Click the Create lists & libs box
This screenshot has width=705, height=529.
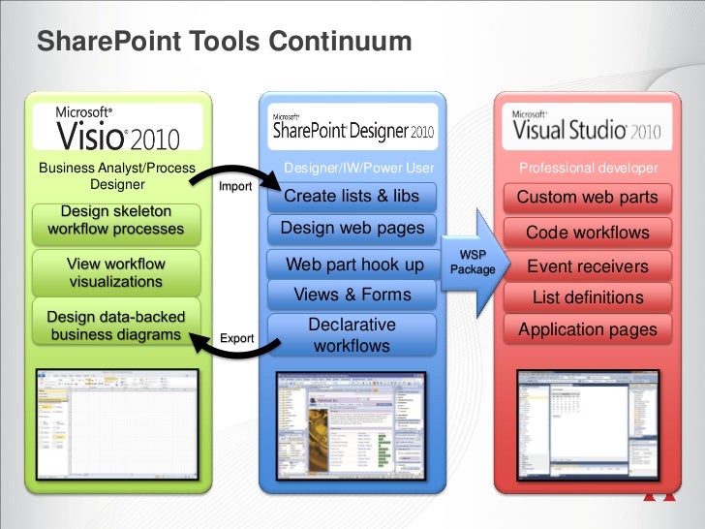pyautogui.click(x=352, y=197)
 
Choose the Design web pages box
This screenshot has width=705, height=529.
pyautogui.click(x=352, y=229)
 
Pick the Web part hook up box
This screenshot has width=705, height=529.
pyautogui.click(x=354, y=264)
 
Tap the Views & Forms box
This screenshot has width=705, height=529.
pyautogui.click(x=352, y=295)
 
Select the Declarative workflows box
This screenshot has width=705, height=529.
pyautogui.click(x=352, y=334)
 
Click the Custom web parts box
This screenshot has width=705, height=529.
pyautogui.click(x=587, y=198)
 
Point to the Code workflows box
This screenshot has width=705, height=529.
pyautogui.click(x=587, y=233)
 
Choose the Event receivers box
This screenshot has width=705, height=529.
pyautogui.click(x=587, y=265)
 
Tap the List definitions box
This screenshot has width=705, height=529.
pyautogui.click(x=587, y=297)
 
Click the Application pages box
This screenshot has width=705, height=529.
pyautogui.click(x=587, y=329)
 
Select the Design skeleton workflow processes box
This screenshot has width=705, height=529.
pyautogui.click(x=115, y=221)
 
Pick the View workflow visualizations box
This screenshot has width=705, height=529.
pyautogui.click(x=115, y=273)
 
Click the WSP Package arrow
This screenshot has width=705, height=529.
pyautogui.click(x=475, y=262)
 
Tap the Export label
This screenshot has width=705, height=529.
pyautogui.click(x=237, y=338)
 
